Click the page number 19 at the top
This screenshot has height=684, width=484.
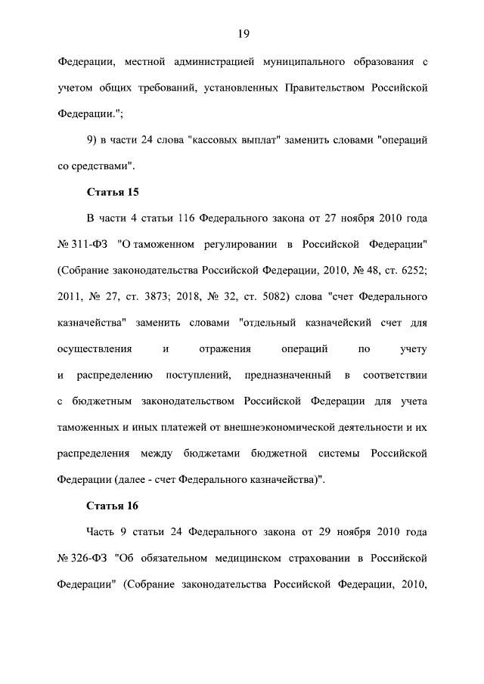click(242, 32)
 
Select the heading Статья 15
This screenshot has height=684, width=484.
click(113, 191)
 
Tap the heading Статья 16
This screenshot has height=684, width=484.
click(113, 505)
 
